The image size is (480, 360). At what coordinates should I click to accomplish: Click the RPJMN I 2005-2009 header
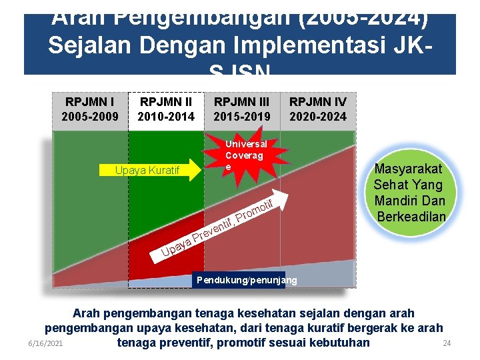coord(89,109)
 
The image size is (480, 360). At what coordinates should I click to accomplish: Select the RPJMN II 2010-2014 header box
coord(165,109)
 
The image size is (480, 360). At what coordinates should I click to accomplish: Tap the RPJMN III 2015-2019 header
coord(241,109)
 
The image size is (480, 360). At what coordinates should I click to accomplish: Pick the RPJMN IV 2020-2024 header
coord(318,109)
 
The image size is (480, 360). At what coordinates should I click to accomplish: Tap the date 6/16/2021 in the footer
coord(45,343)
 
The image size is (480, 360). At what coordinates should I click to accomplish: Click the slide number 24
coord(447,343)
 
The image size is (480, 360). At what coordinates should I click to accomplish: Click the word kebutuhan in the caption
coord(337,343)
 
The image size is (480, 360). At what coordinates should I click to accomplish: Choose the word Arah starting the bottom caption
coord(87,313)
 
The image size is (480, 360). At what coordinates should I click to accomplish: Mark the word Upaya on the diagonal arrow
coord(177,247)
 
